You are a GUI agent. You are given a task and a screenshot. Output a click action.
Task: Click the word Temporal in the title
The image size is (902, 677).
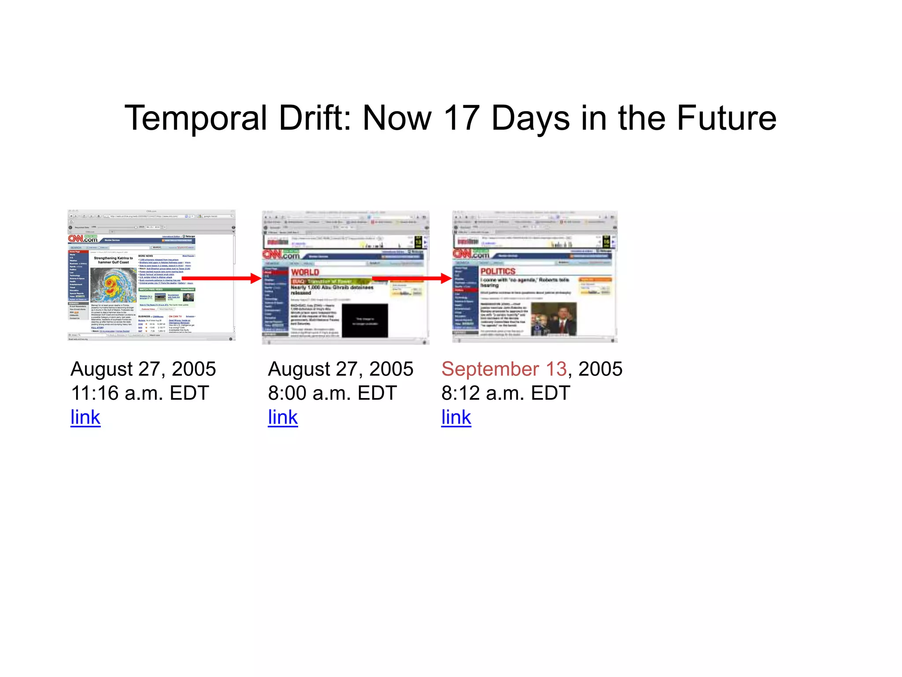coord(196,118)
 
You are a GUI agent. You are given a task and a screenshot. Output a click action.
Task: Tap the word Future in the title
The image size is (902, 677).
coord(726,118)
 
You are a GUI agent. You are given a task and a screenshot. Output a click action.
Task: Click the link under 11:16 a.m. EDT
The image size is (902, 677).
coord(85,417)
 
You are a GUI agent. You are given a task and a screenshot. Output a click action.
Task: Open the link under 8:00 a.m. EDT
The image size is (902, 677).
coord(283,417)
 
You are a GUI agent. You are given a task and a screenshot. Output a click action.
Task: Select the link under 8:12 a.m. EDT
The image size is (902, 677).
coord(456,417)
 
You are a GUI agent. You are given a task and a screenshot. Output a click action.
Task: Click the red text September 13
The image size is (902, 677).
coord(504,369)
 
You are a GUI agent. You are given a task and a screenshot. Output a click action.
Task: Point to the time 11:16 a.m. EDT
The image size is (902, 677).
coord(140,393)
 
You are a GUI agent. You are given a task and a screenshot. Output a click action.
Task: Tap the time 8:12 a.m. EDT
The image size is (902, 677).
coord(506,393)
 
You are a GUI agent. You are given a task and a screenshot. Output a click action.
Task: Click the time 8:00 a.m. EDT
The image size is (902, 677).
coord(333,393)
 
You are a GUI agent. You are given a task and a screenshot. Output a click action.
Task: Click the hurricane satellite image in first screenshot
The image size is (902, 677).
coord(113,285)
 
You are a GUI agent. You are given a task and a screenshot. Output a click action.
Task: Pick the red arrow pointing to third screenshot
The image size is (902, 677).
coord(412,278)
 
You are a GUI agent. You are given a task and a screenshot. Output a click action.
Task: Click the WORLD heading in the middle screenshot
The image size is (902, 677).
coord(305,272)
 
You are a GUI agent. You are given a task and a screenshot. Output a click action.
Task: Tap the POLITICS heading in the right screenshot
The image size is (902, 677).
coord(498,272)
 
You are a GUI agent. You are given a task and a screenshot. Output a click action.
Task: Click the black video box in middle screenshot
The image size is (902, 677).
coord(365,320)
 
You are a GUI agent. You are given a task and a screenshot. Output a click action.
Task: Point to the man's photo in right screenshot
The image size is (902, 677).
coord(554,319)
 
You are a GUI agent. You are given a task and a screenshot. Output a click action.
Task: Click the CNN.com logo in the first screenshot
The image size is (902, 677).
coord(83,239)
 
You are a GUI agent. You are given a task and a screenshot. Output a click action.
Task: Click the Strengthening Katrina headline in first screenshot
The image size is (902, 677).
coord(113,260)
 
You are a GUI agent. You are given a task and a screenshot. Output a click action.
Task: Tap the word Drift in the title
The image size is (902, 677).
coord(315,118)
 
